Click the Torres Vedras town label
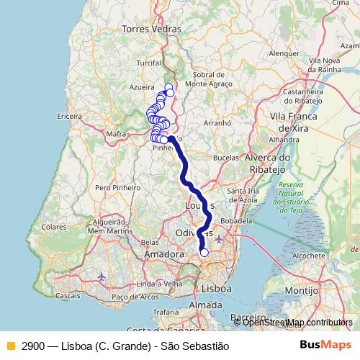coord(150,29)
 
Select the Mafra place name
coord(116,133)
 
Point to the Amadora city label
coord(164,255)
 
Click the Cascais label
coord(68,296)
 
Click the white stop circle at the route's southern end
coord(204,252)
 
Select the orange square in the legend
coord(10,346)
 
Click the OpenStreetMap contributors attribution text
coord(297,323)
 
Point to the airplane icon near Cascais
coord(102,276)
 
